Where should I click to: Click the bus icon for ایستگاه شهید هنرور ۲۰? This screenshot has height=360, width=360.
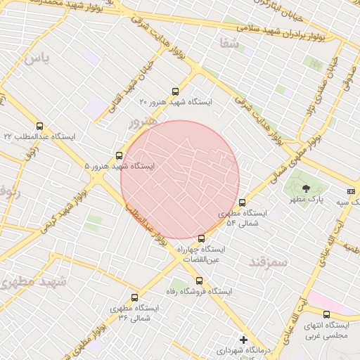(175, 91)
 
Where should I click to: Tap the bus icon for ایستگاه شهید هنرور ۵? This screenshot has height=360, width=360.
(118, 155)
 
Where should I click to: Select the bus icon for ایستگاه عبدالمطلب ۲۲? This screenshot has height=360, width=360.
(39, 126)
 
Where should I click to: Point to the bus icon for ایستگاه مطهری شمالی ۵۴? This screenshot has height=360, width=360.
(243, 203)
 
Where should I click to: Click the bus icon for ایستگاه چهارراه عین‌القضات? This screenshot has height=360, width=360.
(202, 238)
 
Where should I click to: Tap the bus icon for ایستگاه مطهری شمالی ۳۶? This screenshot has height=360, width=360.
(134, 297)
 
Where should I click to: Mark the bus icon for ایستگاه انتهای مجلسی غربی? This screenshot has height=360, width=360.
(326, 314)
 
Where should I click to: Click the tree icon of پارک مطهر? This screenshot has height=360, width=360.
(306, 188)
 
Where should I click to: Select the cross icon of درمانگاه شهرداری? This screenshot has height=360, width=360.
(243, 340)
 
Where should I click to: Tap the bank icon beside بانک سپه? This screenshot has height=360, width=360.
(351, 191)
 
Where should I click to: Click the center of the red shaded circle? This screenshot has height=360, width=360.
(180, 179)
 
